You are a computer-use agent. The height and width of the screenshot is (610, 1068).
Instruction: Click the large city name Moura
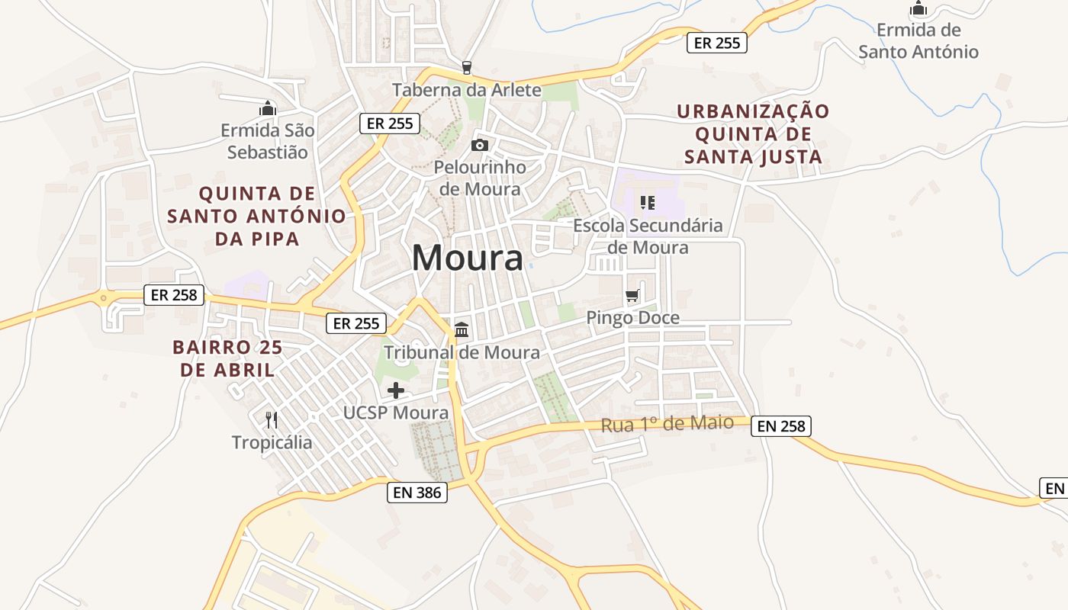click(467, 258)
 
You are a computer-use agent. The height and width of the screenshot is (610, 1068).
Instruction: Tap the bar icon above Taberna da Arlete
click(467, 68)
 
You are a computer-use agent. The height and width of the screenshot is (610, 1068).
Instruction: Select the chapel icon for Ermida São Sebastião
click(268, 108)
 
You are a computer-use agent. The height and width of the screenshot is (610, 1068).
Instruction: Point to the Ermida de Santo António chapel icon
click(918, 9)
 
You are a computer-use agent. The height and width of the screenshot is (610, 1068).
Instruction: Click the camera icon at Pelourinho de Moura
click(479, 145)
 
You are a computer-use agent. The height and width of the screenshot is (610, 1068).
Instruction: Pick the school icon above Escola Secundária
click(648, 203)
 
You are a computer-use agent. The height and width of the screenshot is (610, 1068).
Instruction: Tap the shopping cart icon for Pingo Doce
click(632, 296)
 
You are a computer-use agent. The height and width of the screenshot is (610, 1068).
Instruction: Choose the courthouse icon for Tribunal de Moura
click(462, 330)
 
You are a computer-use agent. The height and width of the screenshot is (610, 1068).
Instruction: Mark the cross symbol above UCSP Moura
click(396, 391)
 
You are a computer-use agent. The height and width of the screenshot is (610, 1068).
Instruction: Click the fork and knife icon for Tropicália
click(271, 419)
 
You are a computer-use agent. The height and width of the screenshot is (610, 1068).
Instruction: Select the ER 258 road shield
click(174, 294)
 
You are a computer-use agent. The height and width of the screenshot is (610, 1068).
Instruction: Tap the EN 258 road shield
click(780, 425)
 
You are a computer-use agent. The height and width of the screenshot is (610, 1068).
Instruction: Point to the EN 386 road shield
click(417, 492)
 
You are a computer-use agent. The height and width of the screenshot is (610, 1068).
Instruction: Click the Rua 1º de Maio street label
click(667, 424)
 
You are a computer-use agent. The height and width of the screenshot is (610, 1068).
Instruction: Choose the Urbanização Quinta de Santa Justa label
click(753, 134)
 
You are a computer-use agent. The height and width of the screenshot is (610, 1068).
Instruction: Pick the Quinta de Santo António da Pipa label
click(256, 215)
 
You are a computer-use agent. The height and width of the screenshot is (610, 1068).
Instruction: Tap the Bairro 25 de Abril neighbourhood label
click(227, 358)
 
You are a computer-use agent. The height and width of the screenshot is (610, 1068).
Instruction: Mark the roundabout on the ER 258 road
click(102, 297)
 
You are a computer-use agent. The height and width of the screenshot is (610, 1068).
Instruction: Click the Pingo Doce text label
click(632, 318)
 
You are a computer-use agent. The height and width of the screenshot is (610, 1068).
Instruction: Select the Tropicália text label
click(272, 442)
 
